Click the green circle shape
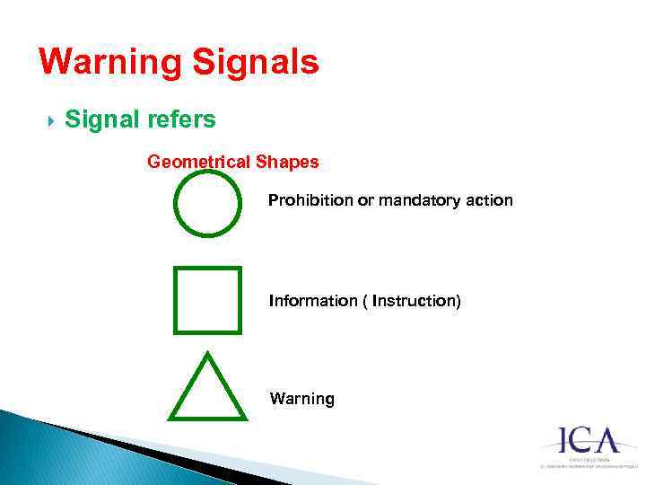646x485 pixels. point(207,204)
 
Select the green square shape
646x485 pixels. point(207,300)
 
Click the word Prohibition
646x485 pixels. point(310,200)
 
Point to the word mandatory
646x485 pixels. point(422,200)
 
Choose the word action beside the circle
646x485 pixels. point(492,200)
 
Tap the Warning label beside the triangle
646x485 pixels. point(301,399)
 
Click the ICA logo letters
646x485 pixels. point(589,441)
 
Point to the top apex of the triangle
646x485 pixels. point(207,353)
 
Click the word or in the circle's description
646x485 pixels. point(366,200)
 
